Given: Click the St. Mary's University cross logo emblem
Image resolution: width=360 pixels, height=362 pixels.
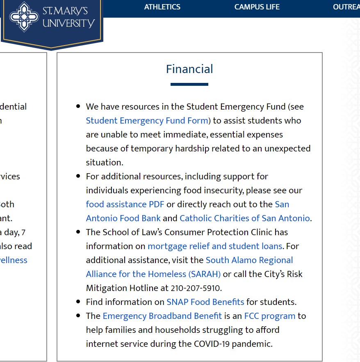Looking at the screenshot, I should [x=24, y=16].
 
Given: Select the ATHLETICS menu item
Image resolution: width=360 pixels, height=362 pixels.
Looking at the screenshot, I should [x=162, y=7].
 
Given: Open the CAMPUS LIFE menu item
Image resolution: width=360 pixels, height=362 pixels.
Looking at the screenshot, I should [x=257, y=7].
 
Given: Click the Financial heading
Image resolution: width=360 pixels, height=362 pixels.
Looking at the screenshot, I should [x=189, y=69].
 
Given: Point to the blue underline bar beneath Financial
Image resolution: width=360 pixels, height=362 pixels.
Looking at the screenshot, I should [x=189, y=84].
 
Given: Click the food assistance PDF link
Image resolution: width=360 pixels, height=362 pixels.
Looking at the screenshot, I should [x=125, y=204].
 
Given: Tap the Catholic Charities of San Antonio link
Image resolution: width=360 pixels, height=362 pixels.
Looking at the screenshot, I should [x=245, y=218].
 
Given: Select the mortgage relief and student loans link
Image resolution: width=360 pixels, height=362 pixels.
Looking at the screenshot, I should [x=215, y=246].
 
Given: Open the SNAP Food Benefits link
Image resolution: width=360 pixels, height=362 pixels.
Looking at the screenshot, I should [x=205, y=302].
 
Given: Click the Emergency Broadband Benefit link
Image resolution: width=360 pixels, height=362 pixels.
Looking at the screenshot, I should [x=162, y=316].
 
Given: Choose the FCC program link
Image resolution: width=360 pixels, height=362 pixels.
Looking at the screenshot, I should [x=269, y=316].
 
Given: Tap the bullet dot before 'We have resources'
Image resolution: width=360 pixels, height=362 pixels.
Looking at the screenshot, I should [x=78, y=107].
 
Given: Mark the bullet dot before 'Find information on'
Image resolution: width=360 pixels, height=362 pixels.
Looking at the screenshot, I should [x=78, y=302].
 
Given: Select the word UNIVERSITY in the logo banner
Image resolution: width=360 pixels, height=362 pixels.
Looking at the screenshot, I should [x=68, y=23].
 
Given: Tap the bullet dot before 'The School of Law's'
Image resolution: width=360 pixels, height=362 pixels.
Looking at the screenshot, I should [x=78, y=232].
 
